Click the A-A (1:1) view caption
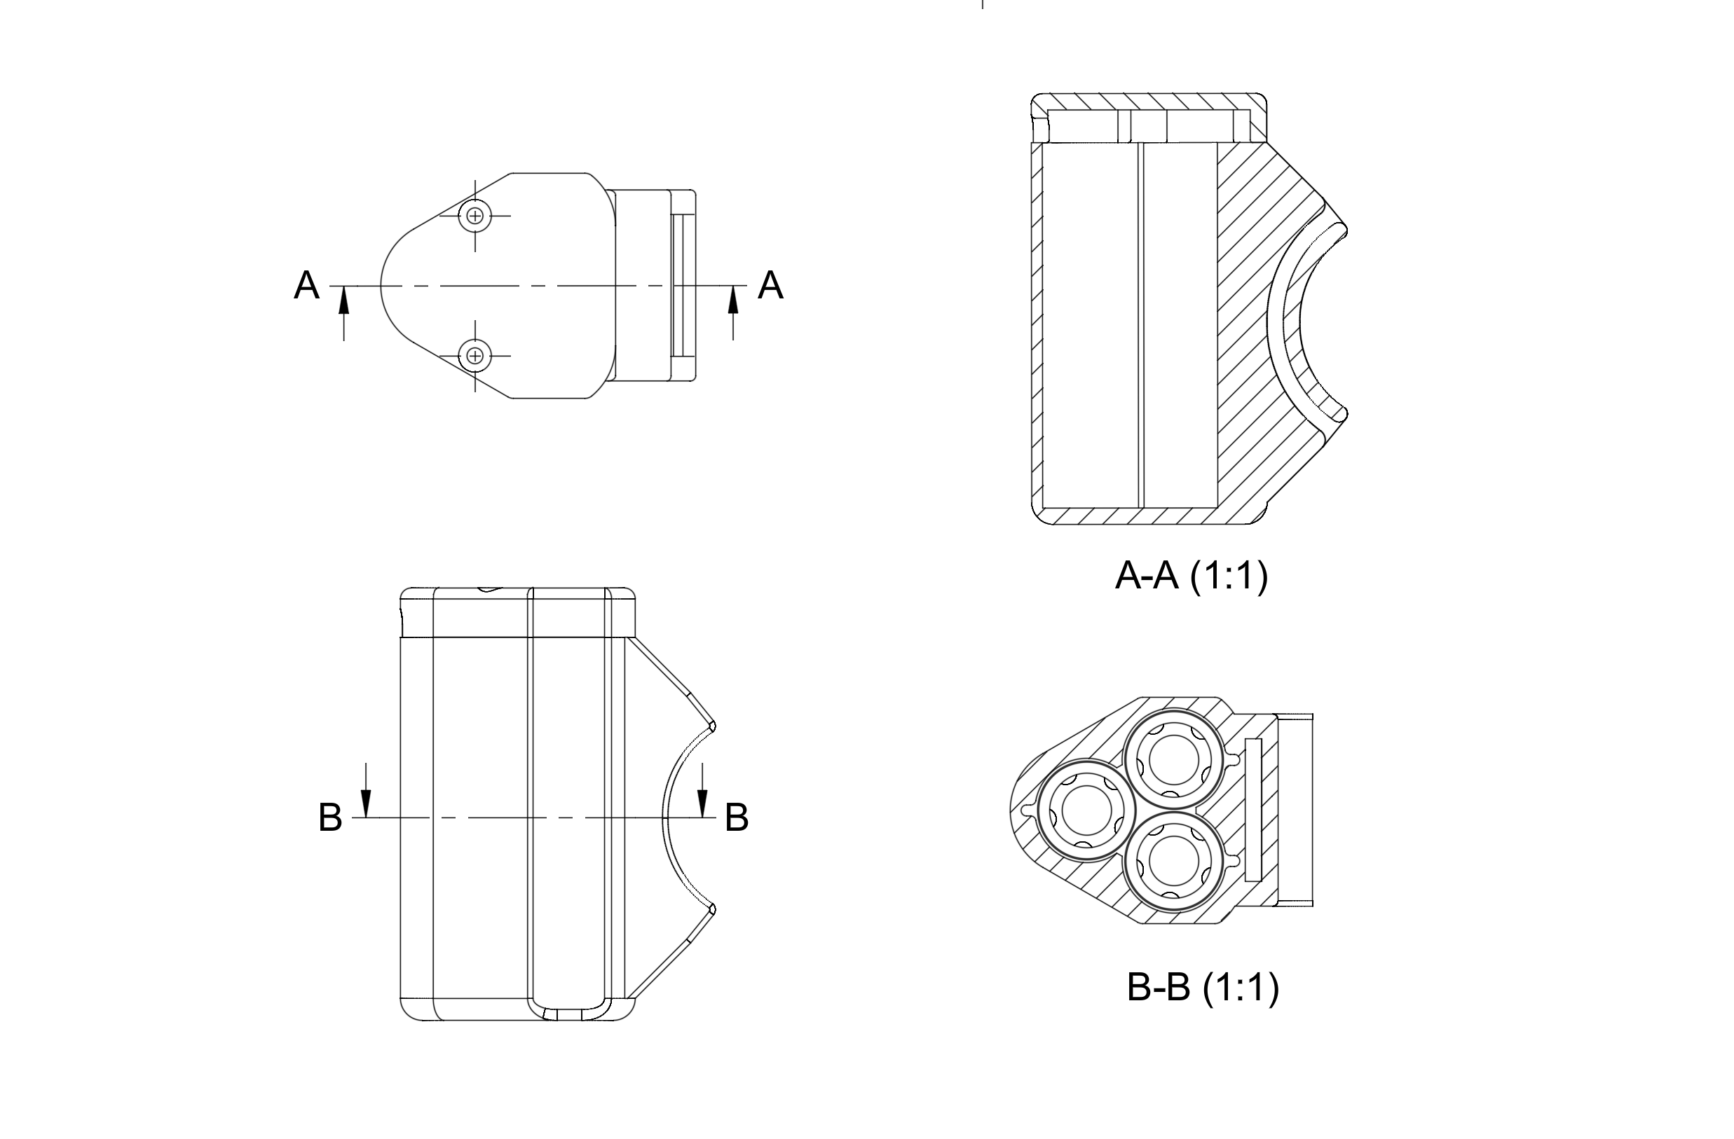1192,576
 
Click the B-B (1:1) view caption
1202,988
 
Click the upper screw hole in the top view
475,216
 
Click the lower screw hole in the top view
475,355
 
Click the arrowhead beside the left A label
344,299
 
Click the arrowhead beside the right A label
733,299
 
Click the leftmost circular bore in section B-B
1086,810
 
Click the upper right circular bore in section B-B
1173,760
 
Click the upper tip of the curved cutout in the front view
713,726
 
